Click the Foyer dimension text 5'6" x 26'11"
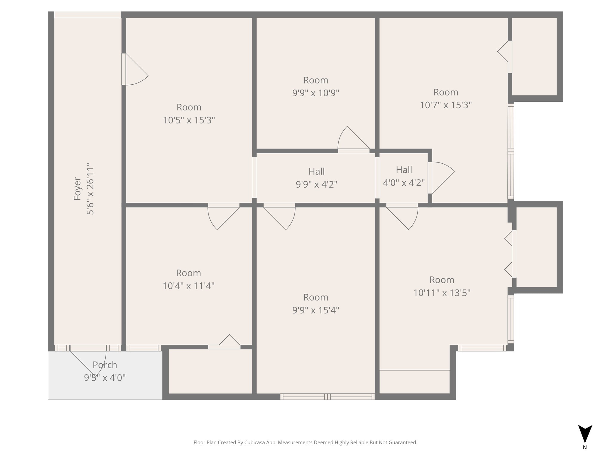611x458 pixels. (90, 189)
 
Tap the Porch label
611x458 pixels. (105, 365)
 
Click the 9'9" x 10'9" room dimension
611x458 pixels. (316, 93)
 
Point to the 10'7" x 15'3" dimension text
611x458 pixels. (446, 105)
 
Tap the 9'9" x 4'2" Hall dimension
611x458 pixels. (316, 185)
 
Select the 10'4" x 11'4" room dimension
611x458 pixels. (188, 286)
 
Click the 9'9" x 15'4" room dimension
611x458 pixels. (316, 310)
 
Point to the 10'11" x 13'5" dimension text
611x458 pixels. (442, 293)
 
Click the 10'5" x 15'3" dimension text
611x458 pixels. (189, 120)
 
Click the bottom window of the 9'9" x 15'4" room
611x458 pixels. (327, 397)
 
